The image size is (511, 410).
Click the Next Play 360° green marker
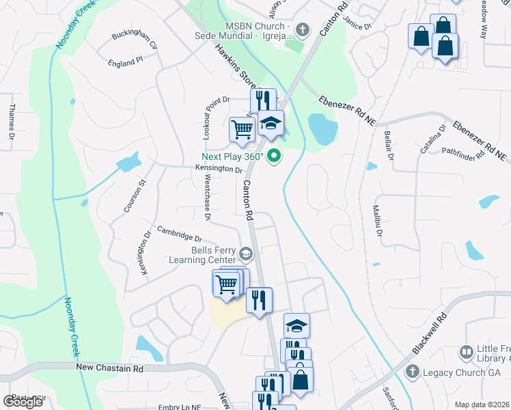point(275,156)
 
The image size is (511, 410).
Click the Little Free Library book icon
point(467,352)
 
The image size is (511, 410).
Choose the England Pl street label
point(125,61)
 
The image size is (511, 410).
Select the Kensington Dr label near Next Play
point(219,169)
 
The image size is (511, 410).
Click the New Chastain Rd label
point(109,368)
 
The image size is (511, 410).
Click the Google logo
point(23,401)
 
